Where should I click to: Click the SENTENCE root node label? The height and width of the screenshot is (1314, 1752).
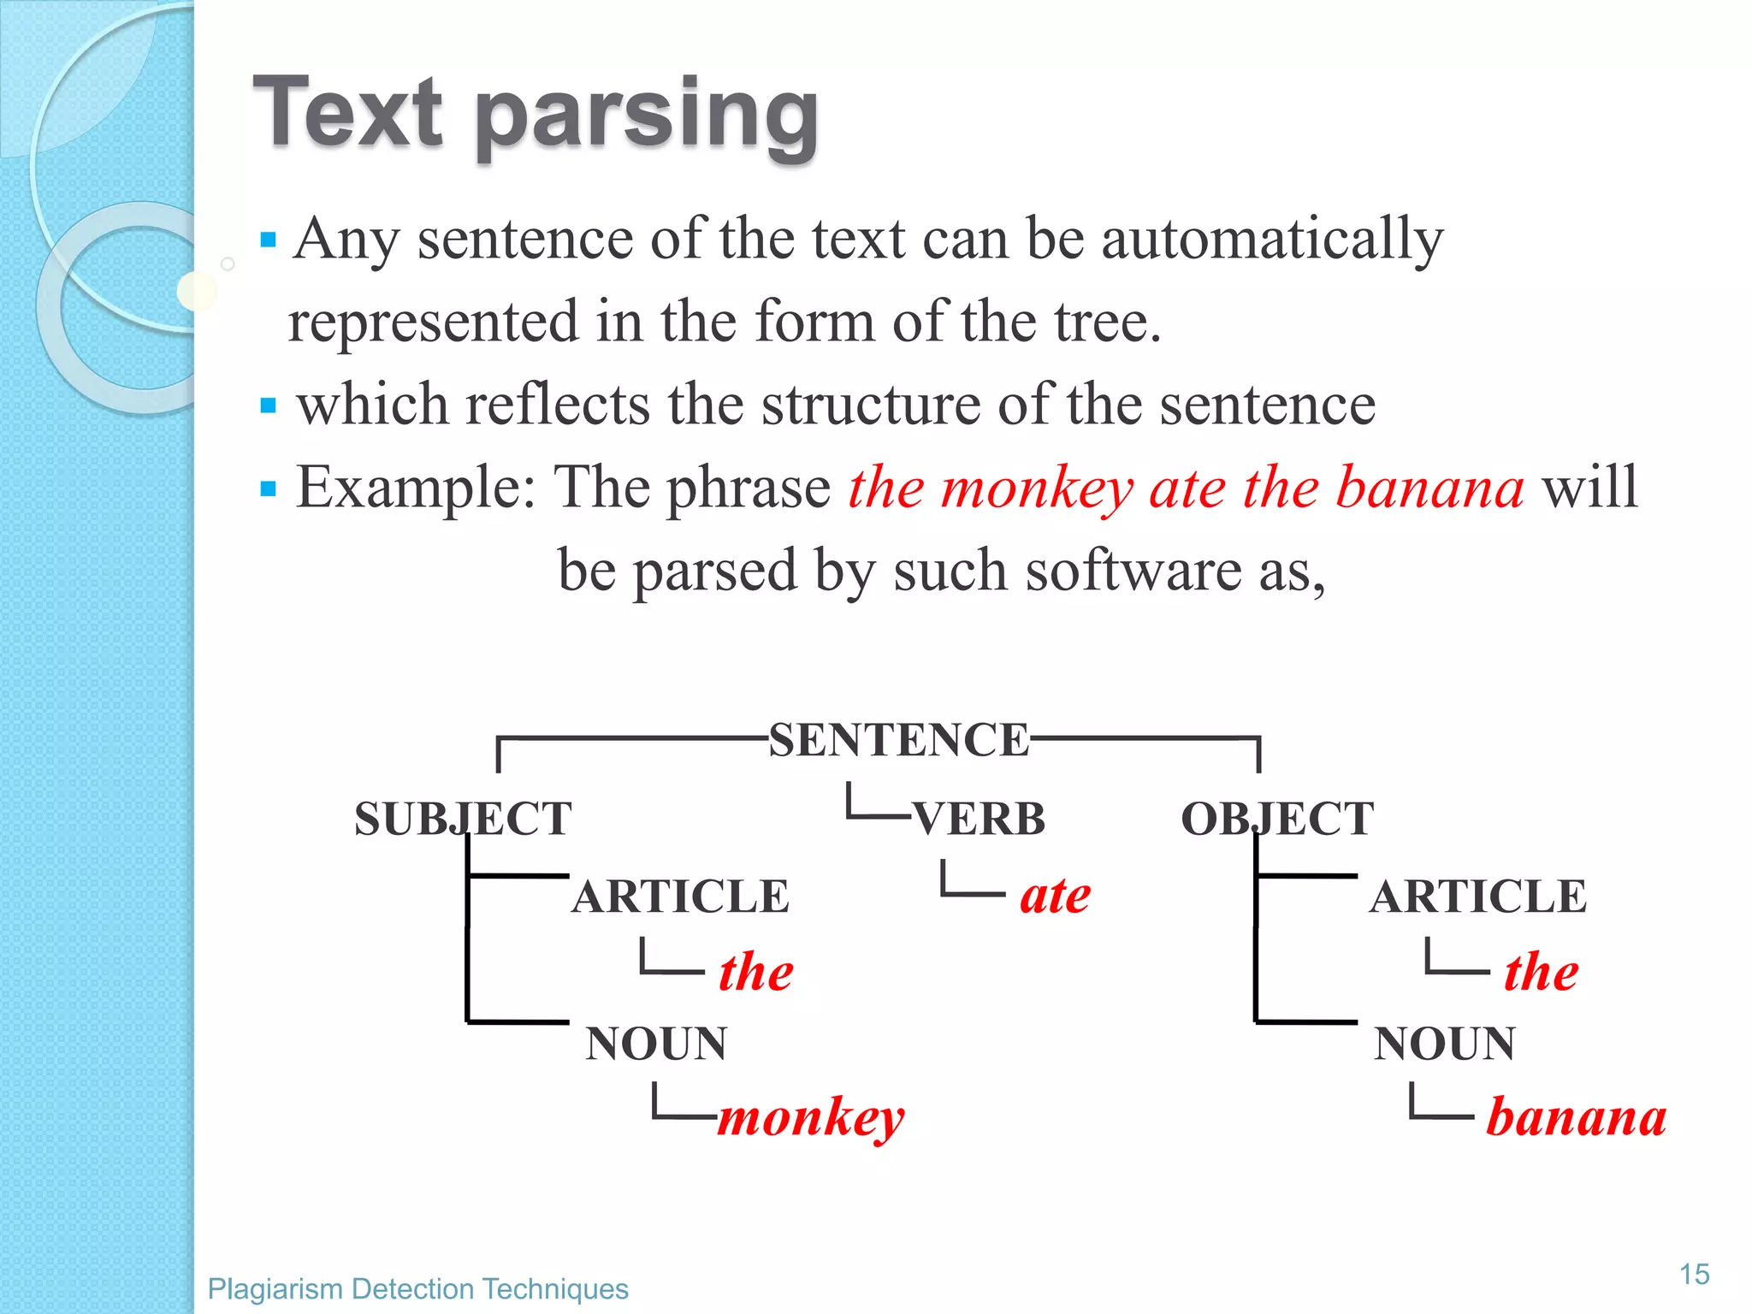pyautogui.click(x=898, y=740)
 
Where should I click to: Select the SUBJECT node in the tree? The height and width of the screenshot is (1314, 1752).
pyautogui.click(x=463, y=819)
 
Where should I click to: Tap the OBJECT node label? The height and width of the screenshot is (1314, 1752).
pyautogui.click(x=1277, y=819)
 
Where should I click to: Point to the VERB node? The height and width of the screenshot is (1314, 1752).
pyautogui.click(x=980, y=819)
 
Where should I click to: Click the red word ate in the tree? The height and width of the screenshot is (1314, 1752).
pyautogui.click(x=1055, y=896)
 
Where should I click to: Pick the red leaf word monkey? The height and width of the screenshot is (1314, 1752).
pyautogui.click(x=810, y=1116)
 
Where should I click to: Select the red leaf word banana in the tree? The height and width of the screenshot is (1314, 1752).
pyautogui.click(x=1576, y=1116)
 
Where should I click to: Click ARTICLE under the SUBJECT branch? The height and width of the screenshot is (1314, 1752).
pyautogui.click(x=681, y=897)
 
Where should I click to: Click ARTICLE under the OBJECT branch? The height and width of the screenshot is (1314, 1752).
pyautogui.click(x=1477, y=897)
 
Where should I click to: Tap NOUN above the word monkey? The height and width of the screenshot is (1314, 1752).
pyautogui.click(x=656, y=1044)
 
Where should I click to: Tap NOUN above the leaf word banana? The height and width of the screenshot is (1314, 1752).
pyautogui.click(x=1444, y=1044)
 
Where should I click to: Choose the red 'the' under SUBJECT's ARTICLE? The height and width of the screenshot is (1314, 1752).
pyautogui.click(x=756, y=972)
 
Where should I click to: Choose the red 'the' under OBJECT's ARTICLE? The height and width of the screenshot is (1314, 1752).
pyautogui.click(x=1542, y=972)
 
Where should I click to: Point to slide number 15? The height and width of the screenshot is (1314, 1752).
pyautogui.click(x=1694, y=1275)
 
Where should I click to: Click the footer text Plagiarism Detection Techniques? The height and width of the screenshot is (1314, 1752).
pyautogui.click(x=417, y=1288)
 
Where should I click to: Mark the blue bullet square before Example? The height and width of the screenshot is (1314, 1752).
pyautogui.click(x=269, y=488)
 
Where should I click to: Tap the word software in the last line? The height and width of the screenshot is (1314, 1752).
pyautogui.click(x=1133, y=571)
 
